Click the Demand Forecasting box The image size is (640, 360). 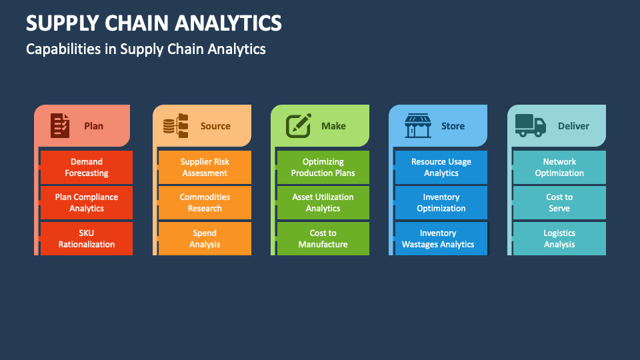point(87,167)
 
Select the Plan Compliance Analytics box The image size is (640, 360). point(87,203)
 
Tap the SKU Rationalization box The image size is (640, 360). point(87,239)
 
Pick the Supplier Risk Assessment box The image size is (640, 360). point(205,167)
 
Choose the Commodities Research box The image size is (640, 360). point(205,203)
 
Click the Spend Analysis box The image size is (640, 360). point(205,239)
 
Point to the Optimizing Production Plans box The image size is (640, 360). point(323,167)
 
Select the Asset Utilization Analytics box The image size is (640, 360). point(323,203)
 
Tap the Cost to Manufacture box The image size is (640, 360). point(323,239)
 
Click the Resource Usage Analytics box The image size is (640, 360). point(441,167)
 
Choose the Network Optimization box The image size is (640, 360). point(559,167)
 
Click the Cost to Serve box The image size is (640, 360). point(559,203)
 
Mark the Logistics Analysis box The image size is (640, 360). point(559,239)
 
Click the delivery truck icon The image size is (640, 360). point(530,125)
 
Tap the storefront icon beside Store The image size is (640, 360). point(418,125)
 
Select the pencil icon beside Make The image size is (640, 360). point(299,125)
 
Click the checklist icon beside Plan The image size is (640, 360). point(60,125)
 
